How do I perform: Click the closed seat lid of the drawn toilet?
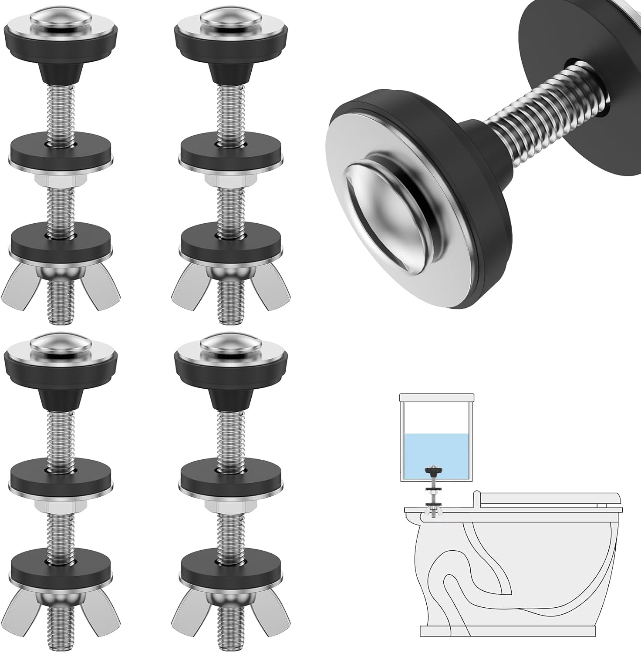tap(549, 499)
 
